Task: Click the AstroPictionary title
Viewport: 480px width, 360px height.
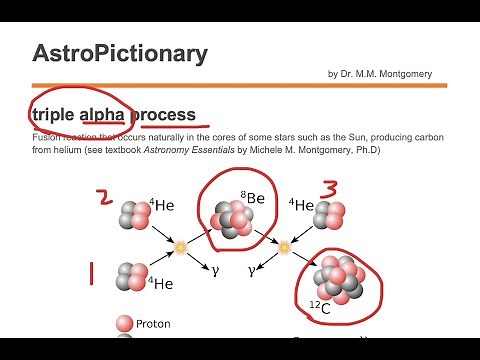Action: click(x=119, y=54)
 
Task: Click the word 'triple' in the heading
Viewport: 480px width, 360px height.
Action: click(x=54, y=114)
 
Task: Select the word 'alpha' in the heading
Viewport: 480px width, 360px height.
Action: click(x=103, y=114)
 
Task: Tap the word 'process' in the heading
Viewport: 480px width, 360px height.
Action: click(x=162, y=114)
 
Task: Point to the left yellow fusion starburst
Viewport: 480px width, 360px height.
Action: click(x=181, y=246)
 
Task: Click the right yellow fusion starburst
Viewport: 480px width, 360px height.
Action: click(x=283, y=246)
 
